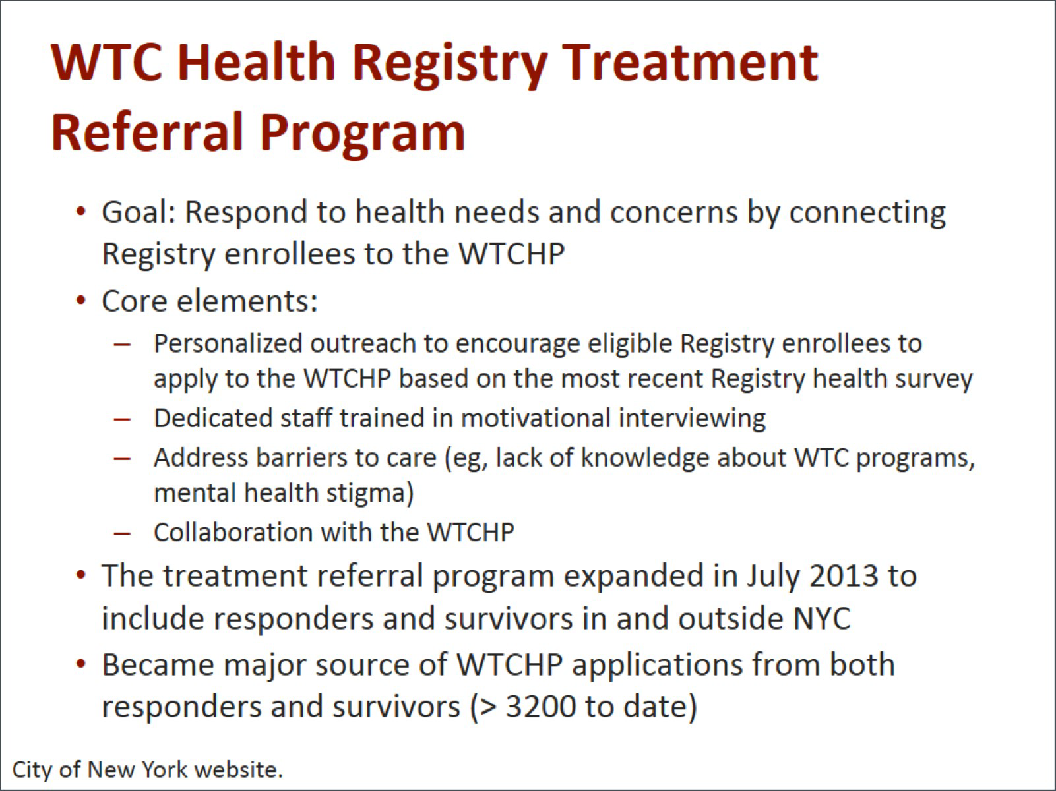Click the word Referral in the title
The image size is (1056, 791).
tap(146, 132)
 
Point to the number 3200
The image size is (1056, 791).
tap(541, 707)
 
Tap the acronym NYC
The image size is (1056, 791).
tap(822, 618)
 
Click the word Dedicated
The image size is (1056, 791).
tap(213, 418)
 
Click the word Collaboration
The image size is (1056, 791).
tap(233, 532)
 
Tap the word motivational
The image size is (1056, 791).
tap(536, 418)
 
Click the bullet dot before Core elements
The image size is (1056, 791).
tap(81, 301)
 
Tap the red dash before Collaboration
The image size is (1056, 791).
tap(122, 533)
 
